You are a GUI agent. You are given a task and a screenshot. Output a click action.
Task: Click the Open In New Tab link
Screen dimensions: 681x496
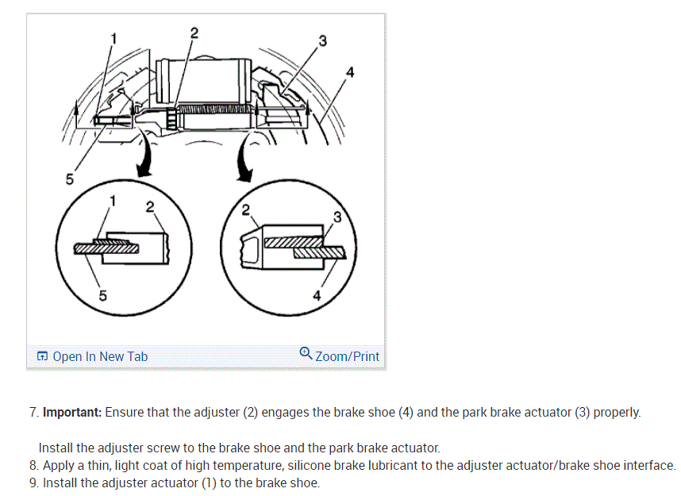click(x=99, y=357)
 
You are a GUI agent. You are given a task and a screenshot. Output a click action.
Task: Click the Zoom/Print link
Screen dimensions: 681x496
click(x=347, y=356)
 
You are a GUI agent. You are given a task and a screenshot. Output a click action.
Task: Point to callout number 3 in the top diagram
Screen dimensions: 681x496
click(x=321, y=40)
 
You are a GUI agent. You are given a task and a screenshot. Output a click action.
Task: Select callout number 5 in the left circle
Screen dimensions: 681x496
click(x=102, y=296)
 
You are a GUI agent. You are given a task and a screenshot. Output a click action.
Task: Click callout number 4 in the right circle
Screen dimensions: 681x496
click(x=317, y=296)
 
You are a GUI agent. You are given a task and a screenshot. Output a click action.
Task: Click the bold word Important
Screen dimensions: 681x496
click(x=71, y=413)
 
